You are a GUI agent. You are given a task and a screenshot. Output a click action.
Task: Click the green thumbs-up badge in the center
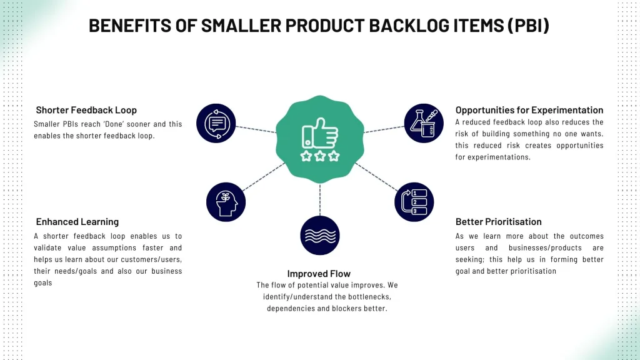pyautogui.click(x=320, y=139)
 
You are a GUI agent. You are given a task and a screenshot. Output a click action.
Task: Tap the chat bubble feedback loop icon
pyautogui.click(x=216, y=123)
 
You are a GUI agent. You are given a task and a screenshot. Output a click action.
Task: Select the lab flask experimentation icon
pyautogui.click(x=424, y=123)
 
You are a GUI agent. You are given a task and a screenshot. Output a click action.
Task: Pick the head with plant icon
pyautogui.click(x=226, y=202)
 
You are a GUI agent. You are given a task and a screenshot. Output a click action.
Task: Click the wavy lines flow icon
pyautogui.click(x=320, y=236)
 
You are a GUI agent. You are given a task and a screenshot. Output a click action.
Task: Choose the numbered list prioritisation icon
pyautogui.click(x=414, y=202)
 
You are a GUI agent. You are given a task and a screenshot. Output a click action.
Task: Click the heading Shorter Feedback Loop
pyautogui.click(x=86, y=110)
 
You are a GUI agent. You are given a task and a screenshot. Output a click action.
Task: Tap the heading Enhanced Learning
pyautogui.click(x=77, y=222)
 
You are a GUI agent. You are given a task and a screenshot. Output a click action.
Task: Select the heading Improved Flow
pyautogui.click(x=319, y=274)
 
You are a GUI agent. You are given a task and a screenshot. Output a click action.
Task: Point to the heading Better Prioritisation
pyautogui.click(x=498, y=222)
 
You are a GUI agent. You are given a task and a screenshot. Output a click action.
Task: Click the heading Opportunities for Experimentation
pyautogui.click(x=529, y=110)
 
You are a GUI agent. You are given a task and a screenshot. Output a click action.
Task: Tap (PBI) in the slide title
pyautogui.click(x=528, y=26)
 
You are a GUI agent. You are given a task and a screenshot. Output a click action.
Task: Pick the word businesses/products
pyautogui.click(x=545, y=247)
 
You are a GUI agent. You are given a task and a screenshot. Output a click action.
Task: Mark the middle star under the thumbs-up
pyautogui.click(x=320, y=156)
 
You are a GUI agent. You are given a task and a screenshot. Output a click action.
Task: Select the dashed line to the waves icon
pyautogui.click(x=320, y=200)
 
